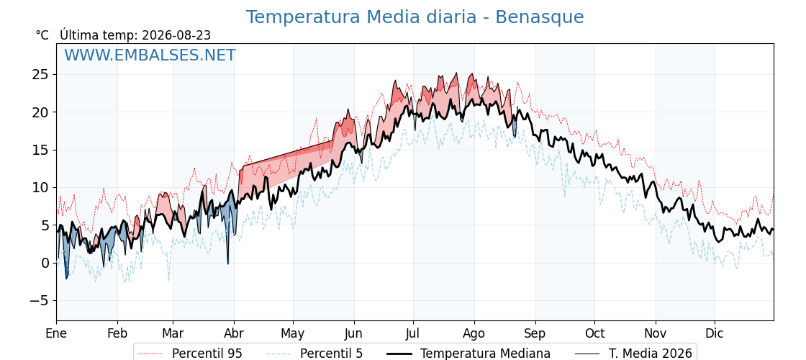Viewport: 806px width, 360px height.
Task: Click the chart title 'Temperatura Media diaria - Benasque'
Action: [x=415, y=17]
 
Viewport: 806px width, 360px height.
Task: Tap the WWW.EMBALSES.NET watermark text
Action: [x=150, y=55]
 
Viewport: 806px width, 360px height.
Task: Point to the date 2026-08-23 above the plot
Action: [x=176, y=35]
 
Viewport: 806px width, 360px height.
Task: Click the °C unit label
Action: [x=42, y=35]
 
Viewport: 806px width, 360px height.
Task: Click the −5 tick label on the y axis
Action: [x=38, y=300]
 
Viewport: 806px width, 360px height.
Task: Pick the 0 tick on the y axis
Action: [x=46, y=263]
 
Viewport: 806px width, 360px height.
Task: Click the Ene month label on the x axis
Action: [x=56, y=334]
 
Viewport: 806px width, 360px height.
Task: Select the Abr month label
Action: [x=235, y=334]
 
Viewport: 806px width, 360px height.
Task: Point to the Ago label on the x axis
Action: [x=474, y=334]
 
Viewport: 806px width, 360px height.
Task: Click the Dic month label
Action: [x=715, y=334]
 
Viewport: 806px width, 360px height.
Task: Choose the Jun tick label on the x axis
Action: [x=353, y=334]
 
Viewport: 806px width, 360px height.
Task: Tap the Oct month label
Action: [x=594, y=334]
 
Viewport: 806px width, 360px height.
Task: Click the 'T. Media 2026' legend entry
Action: [x=633, y=354]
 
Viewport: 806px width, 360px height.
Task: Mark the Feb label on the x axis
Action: [x=118, y=334]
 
